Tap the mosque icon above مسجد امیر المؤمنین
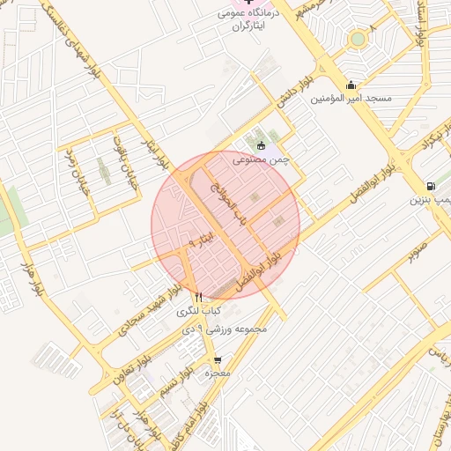coord(351,85)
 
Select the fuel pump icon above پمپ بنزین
coord(429,186)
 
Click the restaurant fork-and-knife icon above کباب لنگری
coord(199,298)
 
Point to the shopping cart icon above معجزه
coord(218,359)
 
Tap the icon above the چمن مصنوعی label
coord(260,146)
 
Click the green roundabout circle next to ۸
coord(358,39)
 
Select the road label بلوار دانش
coord(295,89)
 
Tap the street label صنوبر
coord(418,250)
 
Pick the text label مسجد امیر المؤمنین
coord(351,99)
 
